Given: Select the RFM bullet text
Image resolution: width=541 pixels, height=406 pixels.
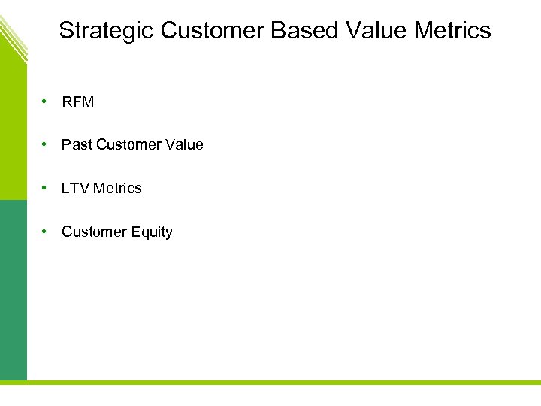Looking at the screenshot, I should (x=78, y=102).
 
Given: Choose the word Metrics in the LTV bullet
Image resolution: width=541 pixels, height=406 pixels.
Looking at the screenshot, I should (x=117, y=188).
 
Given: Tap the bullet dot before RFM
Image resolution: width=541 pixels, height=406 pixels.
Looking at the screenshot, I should (x=46, y=101).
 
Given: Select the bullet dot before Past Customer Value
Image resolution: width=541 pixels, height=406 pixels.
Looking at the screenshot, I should (x=46, y=144).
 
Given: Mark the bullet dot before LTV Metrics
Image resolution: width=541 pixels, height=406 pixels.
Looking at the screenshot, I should (x=46, y=187).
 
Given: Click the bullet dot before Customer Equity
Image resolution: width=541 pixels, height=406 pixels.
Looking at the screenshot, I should (x=46, y=231).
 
